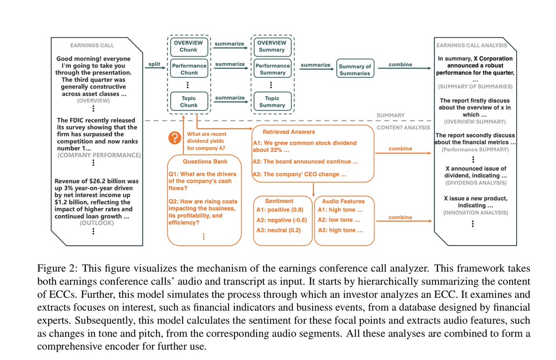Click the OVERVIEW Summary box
point(272,46)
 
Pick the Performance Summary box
point(272,69)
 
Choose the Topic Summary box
point(272,101)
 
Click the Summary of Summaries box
point(355,70)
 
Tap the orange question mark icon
point(174,138)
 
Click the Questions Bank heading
point(203,162)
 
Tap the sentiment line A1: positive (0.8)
point(282,210)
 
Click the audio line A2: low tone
point(341,220)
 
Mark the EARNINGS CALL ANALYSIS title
point(472,45)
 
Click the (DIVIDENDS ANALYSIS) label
point(473,183)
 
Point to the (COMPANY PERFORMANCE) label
point(99,155)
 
